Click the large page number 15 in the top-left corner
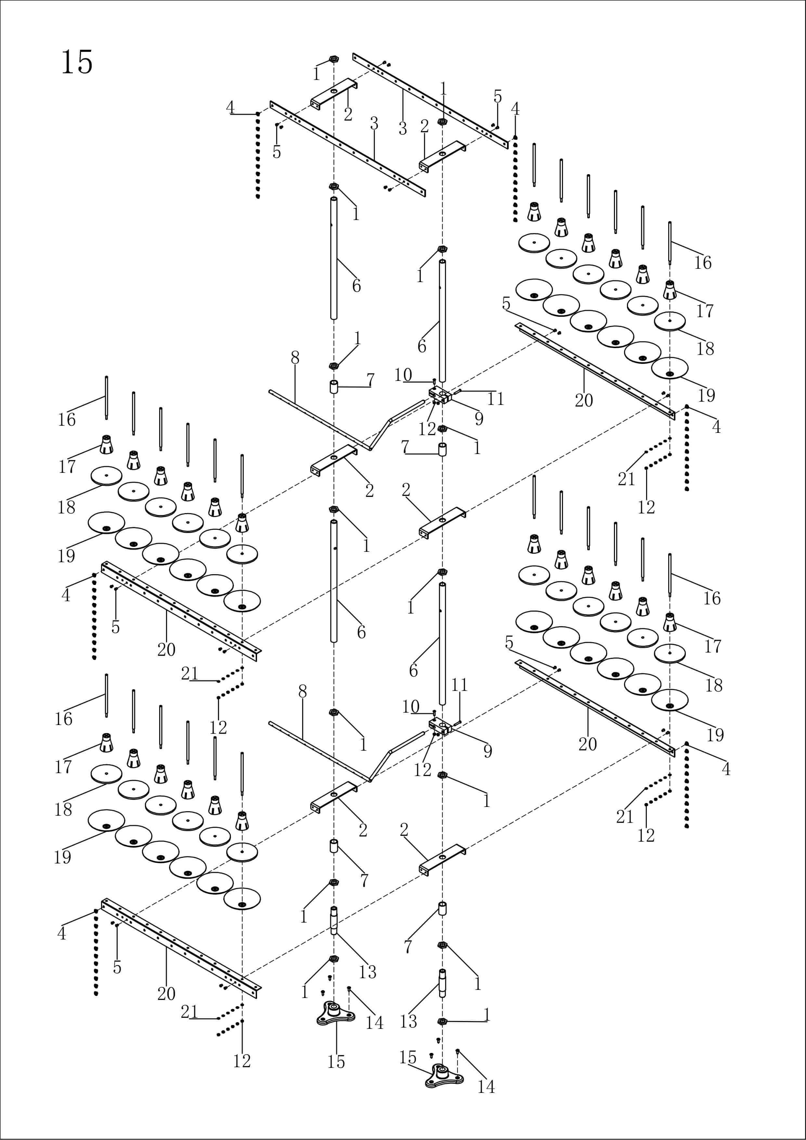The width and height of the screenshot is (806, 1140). (x=77, y=63)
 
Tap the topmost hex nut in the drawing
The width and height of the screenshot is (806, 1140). (x=334, y=59)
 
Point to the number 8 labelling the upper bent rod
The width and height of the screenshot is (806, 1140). (x=295, y=357)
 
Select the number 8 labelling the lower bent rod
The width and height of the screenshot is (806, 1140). (x=303, y=691)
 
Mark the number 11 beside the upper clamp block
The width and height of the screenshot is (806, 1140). (x=495, y=399)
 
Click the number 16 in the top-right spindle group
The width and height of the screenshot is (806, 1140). (x=703, y=263)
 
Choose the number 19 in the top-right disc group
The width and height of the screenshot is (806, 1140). (x=706, y=395)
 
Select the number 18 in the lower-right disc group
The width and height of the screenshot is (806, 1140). (x=714, y=685)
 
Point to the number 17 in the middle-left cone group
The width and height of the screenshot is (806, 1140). (x=67, y=466)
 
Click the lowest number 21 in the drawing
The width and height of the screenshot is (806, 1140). (x=189, y=1011)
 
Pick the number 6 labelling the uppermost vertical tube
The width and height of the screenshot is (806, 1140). (x=357, y=286)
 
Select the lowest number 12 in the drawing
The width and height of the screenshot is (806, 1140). (x=242, y=1061)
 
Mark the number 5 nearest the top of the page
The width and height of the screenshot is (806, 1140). (x=498, y=97)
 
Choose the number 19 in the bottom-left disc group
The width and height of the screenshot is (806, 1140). (x=63, y=857)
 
